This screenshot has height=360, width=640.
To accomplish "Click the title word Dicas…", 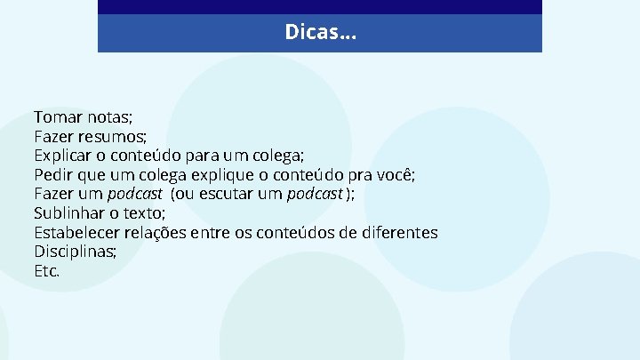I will pos(320,33).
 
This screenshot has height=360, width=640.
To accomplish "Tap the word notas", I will pos(108,117).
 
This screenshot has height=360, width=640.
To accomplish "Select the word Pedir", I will pos(53,175).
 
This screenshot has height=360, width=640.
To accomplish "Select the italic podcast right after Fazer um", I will pos(135,195).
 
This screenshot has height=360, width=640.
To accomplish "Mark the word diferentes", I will pos(396,233).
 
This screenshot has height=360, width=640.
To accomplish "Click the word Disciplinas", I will pos(75,252).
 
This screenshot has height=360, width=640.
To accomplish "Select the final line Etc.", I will pos(46,271).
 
